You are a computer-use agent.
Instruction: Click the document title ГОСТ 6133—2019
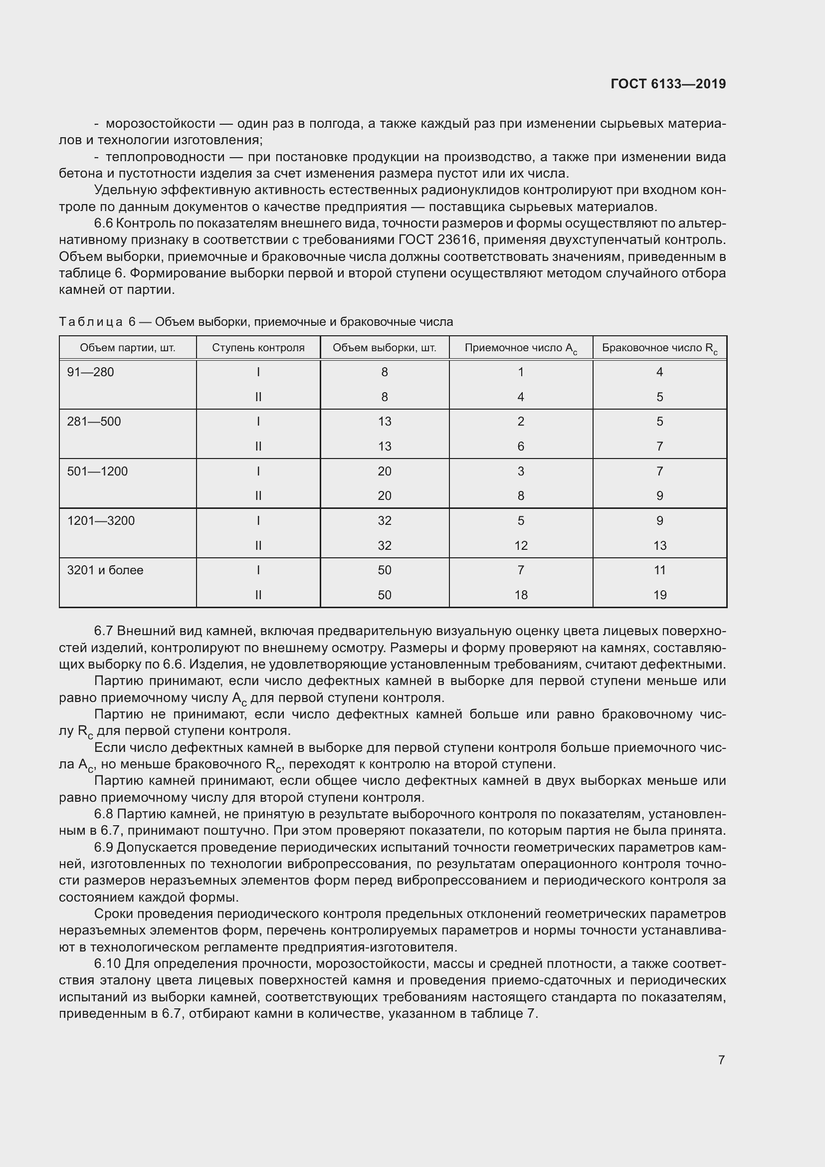coord(668,84)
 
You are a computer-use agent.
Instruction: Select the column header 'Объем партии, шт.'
coord(128,348)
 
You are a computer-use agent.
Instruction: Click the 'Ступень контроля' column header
coord(258,348)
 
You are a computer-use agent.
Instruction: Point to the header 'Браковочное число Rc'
coord(659,348)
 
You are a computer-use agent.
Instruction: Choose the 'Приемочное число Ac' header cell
coord(521,348)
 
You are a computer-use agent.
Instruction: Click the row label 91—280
coord(90,372)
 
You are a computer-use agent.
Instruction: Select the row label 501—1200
coord(98,471)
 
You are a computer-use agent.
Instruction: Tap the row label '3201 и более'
coord(105,570)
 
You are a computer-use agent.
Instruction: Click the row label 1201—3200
coord(101,520)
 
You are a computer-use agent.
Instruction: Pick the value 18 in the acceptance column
coord(521,595)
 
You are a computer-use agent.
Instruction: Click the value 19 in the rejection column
coord(659,595)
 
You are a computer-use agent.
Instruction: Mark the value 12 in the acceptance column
coord(521,546)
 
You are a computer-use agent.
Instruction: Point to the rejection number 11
coord(659,570)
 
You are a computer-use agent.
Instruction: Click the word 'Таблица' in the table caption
coord(90,322)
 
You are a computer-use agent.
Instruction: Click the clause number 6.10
coord(107,964)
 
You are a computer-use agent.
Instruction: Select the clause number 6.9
coord(104,847)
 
